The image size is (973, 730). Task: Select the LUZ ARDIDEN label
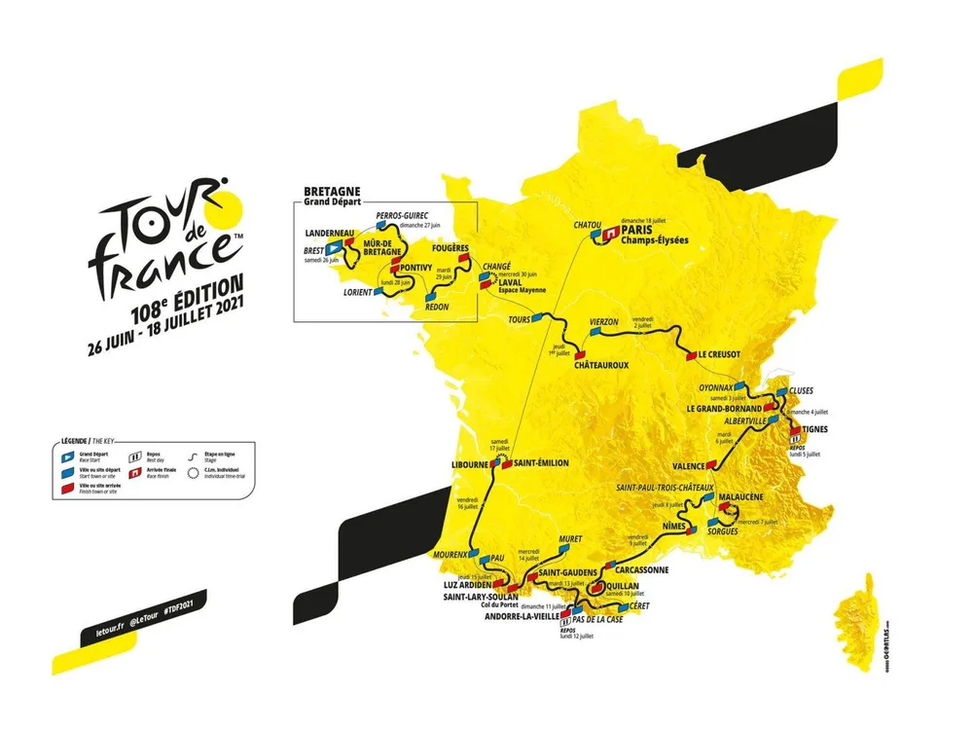pyautogui.click(x=460, y=584)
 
